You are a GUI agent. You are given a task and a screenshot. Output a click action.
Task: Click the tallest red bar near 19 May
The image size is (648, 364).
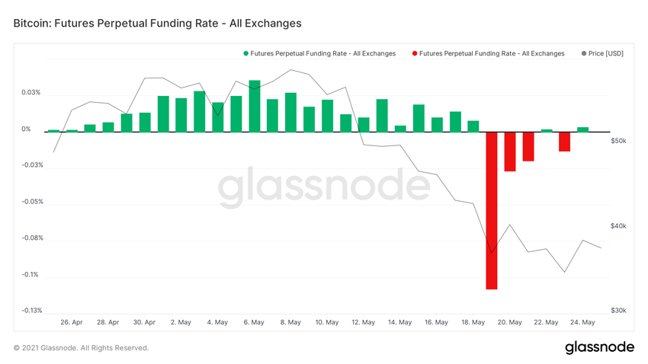492,210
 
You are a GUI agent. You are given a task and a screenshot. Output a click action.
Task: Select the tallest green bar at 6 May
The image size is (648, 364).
255,106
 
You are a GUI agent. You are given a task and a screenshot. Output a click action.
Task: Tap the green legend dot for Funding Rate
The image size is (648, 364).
245,53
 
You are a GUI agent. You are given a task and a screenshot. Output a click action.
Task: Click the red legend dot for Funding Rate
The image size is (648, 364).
414,53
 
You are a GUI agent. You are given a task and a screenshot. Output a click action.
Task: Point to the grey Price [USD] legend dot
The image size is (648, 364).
584,53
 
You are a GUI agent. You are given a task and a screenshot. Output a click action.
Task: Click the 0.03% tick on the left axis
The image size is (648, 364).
31,93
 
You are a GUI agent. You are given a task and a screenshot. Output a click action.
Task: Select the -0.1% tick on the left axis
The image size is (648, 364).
31,275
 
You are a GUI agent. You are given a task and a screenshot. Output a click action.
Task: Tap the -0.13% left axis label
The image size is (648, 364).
31,311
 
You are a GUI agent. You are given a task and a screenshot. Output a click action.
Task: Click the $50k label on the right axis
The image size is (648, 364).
618,142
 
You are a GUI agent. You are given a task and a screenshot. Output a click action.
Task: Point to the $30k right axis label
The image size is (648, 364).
618,311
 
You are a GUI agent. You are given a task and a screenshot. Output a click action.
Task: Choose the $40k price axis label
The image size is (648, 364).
618,226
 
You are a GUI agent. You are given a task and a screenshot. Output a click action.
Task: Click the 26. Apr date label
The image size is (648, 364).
72,322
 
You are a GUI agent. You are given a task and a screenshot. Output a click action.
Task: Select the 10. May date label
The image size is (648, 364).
327,322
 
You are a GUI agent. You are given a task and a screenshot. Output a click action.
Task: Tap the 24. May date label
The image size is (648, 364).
582,322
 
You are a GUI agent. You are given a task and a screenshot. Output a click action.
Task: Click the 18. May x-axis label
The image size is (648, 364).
473,322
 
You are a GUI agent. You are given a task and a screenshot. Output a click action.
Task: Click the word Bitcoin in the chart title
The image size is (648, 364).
33,24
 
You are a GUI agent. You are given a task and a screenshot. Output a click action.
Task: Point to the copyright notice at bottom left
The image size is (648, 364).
81,348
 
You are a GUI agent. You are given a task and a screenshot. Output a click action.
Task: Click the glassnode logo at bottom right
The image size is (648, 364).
599,347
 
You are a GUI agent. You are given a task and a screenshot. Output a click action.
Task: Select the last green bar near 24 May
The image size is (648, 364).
582,129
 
